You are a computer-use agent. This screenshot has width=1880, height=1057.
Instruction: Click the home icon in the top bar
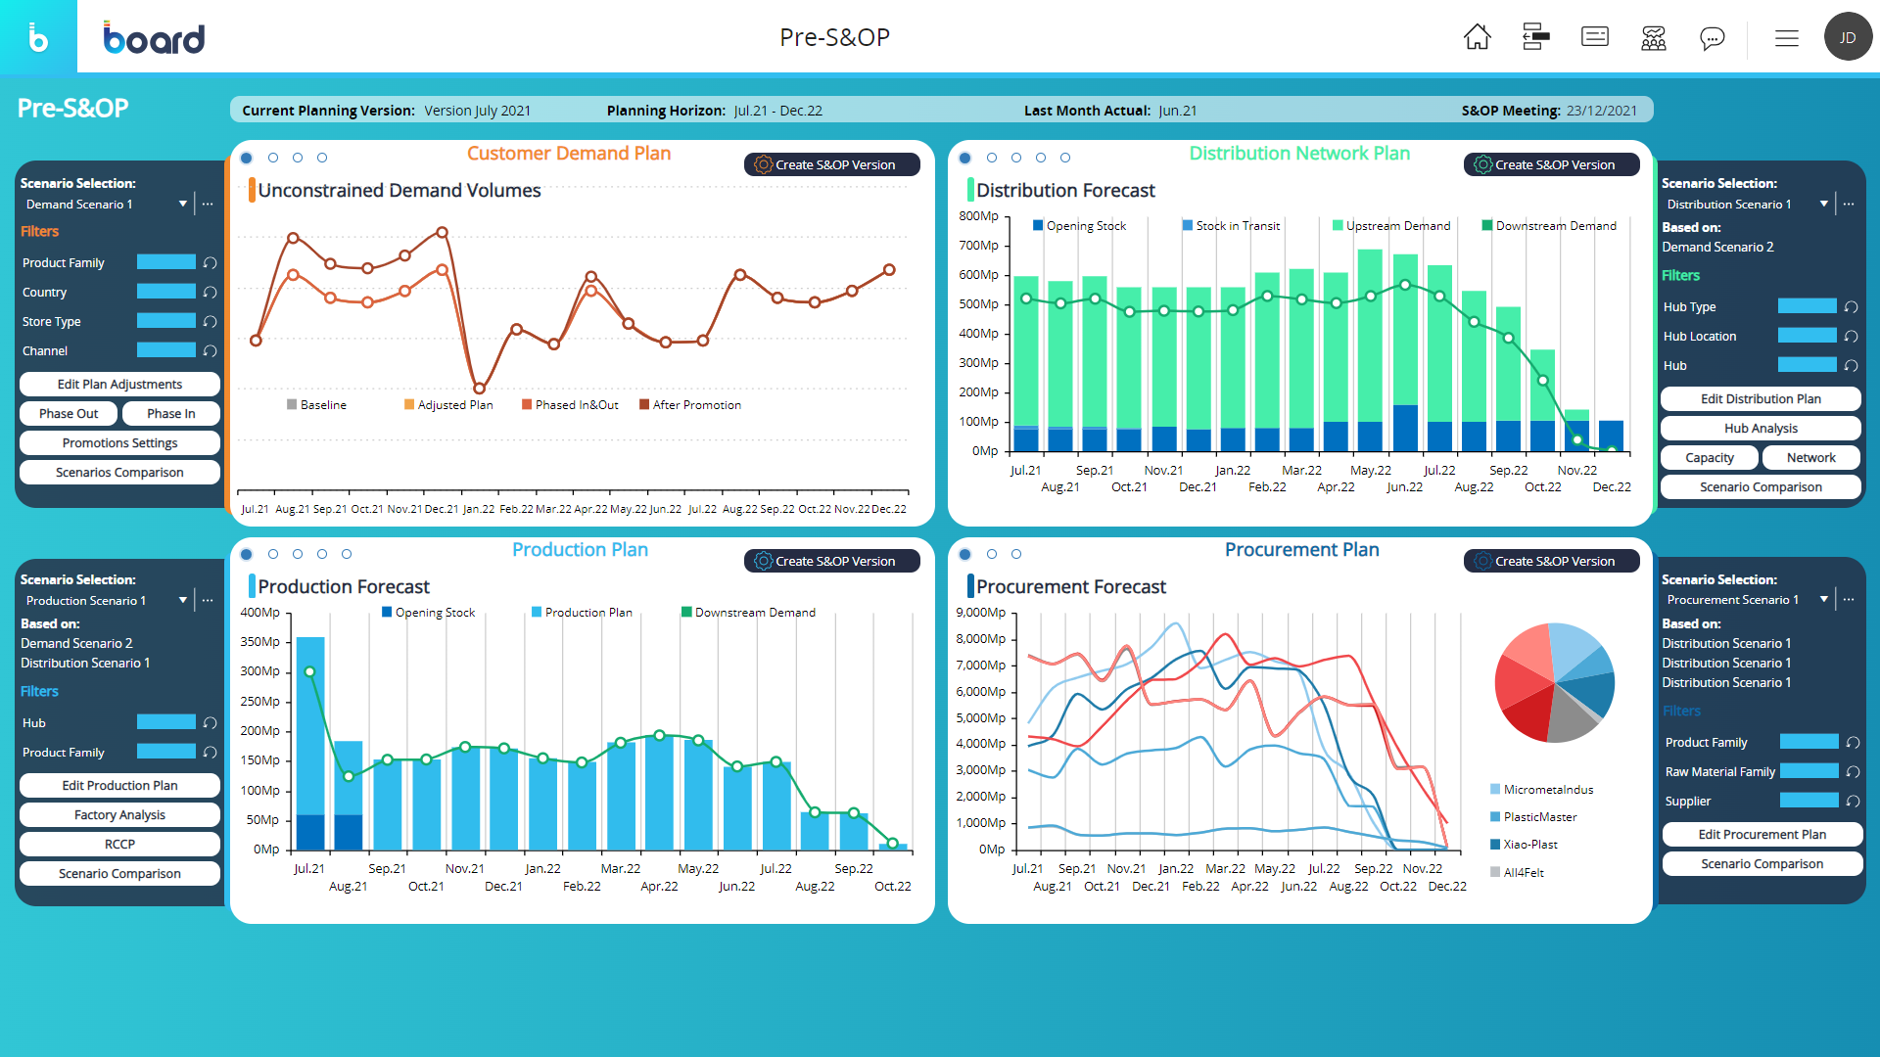tap(1477, 37)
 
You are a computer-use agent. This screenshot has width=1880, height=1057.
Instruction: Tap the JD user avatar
tap(1848, 37)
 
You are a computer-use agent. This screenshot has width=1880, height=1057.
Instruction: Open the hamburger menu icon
tap(1787, 38)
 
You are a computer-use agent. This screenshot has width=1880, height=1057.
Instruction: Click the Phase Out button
tap(69, 414)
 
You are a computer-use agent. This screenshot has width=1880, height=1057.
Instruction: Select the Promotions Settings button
tap(119, 443)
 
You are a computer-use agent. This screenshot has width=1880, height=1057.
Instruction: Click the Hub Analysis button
tap(1761, 429)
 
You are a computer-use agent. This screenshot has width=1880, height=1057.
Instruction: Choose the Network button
tap(1810, 458)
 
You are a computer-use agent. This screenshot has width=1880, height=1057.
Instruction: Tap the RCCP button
tap(119, 845)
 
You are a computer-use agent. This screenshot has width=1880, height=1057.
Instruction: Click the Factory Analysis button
tap(119, 815)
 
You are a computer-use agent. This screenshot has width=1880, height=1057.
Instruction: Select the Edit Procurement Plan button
tap(1762, 835)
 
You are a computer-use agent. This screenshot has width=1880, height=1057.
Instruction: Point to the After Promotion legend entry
tap(696, 405)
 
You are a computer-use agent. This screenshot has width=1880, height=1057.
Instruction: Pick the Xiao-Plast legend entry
tap(1529, 845)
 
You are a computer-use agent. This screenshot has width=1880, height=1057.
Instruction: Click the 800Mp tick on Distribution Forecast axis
tap(978, 216)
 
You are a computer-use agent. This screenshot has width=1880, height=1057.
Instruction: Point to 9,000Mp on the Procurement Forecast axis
tap(980, 613)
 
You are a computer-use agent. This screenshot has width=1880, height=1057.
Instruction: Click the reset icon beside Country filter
tap(210, 293)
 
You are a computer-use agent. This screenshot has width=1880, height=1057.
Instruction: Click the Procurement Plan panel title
tap(1301, 550)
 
